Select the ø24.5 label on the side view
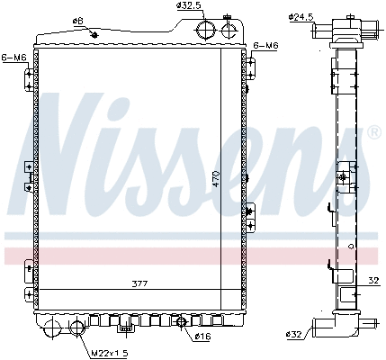301,16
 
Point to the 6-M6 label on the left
14,57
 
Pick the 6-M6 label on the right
266,44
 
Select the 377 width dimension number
138,283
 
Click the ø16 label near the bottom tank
204,337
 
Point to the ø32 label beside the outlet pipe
295,335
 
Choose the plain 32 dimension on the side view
373,281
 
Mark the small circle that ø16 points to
182,322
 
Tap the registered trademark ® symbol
373,133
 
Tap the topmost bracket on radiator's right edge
252,66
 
